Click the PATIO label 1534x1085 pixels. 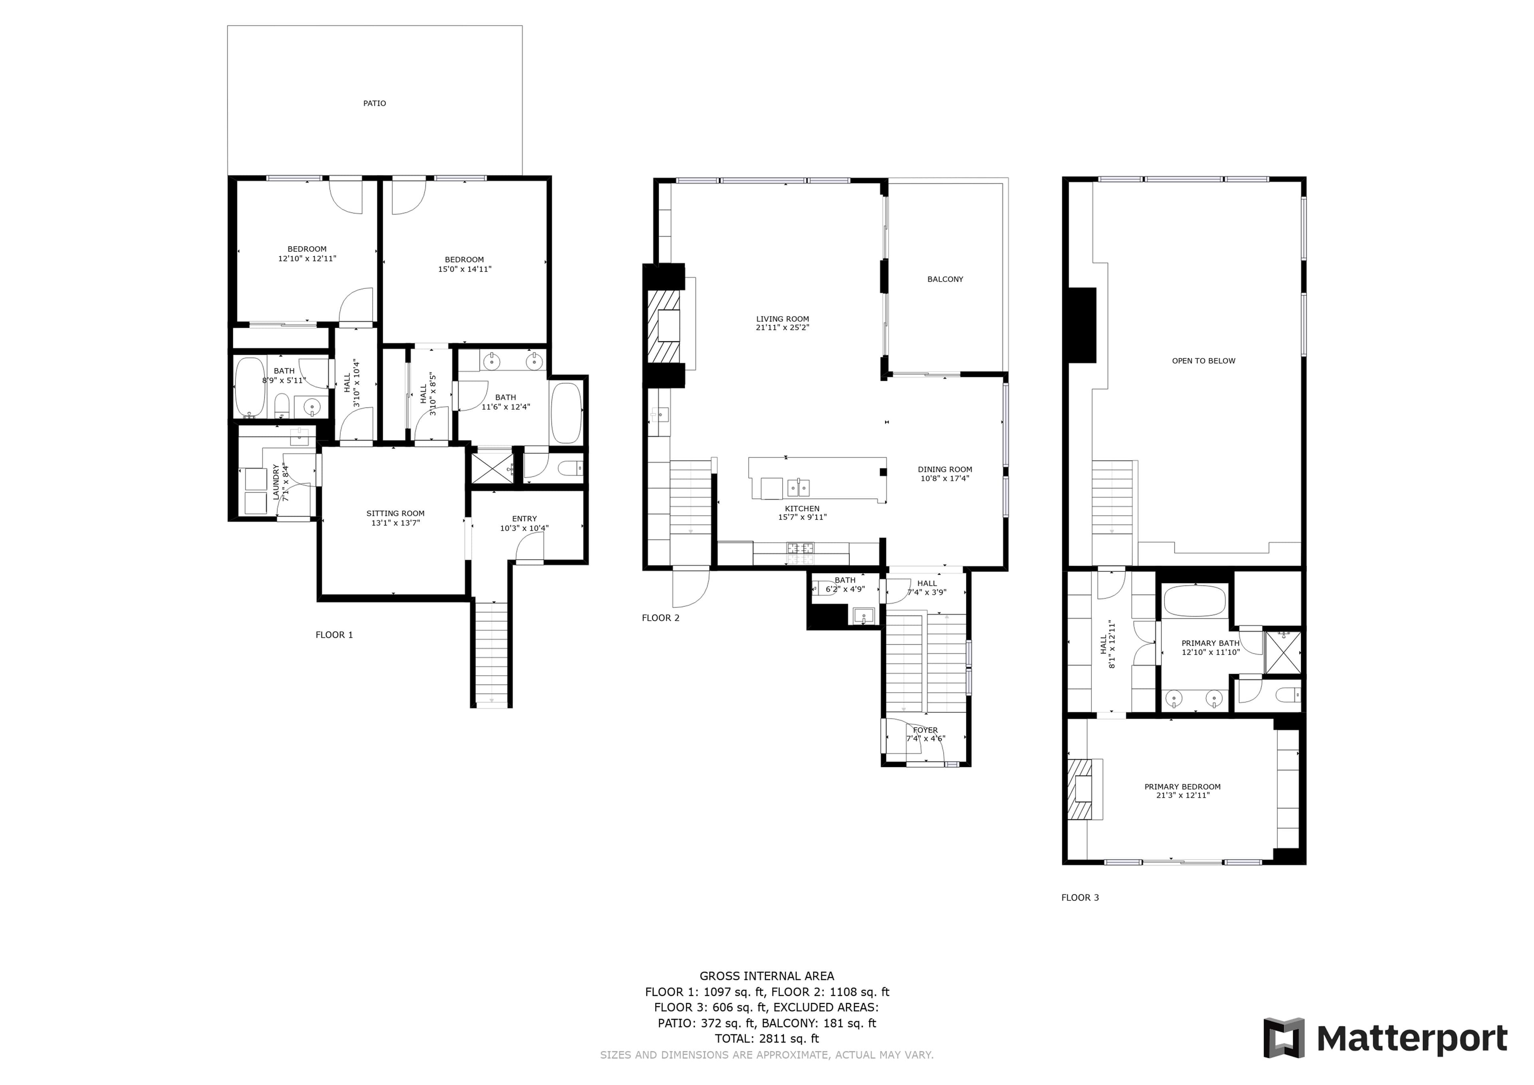374,104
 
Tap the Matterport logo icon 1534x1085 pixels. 1284,1038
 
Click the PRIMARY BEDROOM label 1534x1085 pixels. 1182,787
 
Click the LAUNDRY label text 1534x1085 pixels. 276,482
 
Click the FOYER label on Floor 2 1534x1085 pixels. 925,730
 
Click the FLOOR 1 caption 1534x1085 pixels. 334,635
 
